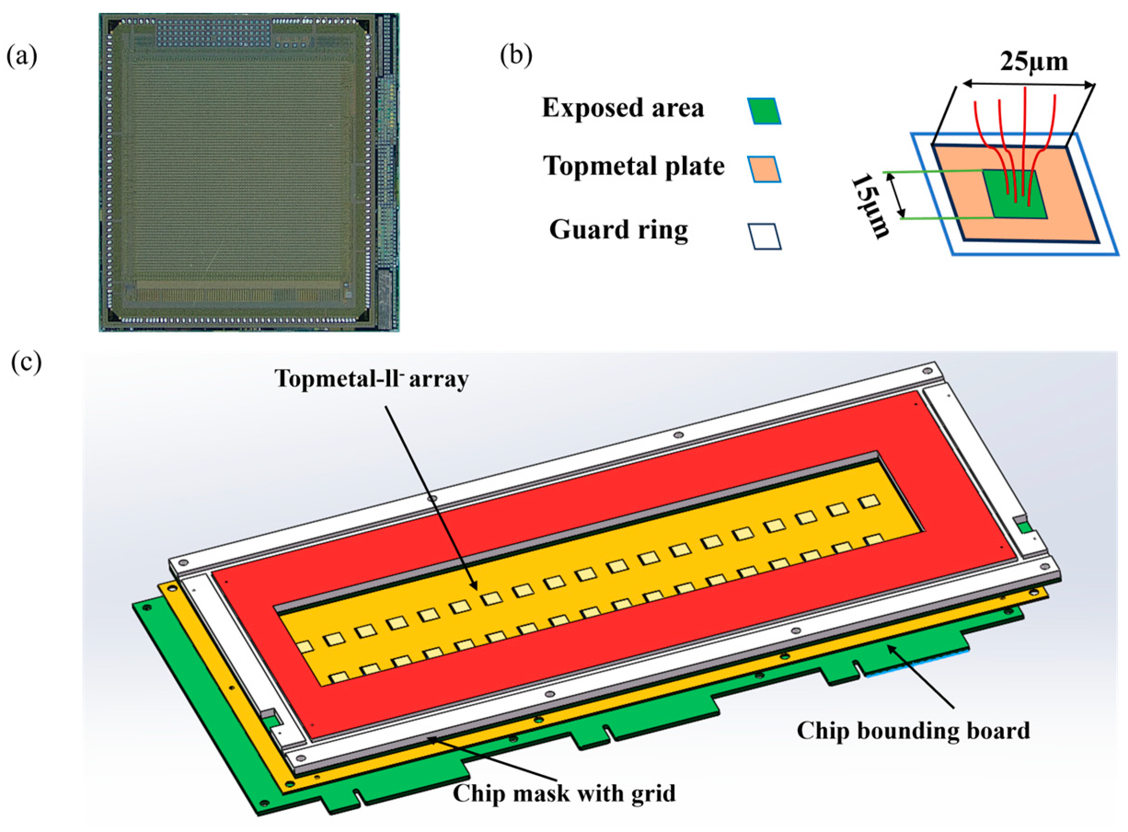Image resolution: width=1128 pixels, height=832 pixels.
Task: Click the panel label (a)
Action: [x=22, y=57]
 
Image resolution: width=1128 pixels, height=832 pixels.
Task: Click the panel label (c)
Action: [x=26, y=362]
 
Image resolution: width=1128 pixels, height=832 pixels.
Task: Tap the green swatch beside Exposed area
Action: [x=764, y=111]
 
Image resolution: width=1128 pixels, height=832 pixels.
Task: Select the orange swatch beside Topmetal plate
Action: [x=764, y=169]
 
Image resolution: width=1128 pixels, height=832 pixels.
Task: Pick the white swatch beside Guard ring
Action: [x=764, y=236]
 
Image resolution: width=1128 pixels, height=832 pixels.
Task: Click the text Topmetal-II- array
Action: [x=371, y=378]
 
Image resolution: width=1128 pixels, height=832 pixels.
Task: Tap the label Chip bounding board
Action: [x=913, y=730]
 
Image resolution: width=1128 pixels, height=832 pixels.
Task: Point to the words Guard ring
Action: [x=618, y=230]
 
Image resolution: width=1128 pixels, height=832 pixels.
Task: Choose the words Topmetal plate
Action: [x=633, y=166]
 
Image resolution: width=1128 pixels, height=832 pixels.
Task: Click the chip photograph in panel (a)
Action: [x=249, y=172]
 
